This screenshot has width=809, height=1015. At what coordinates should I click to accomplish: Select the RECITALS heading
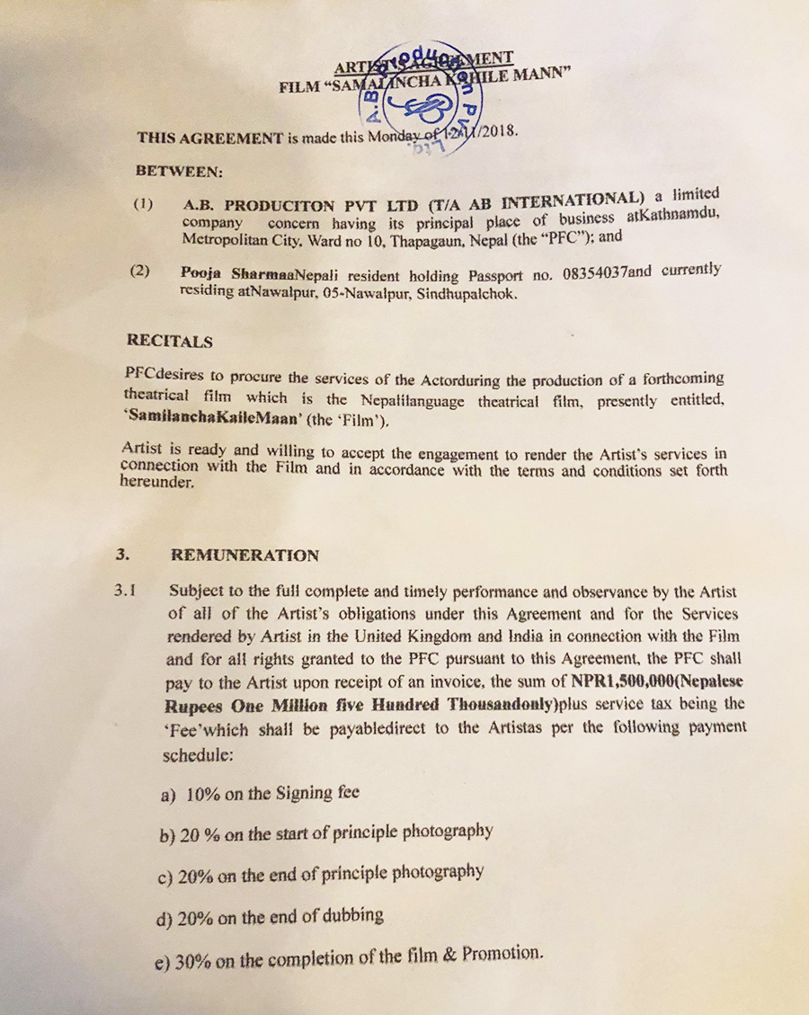pyautogui.click(x=169, y=342)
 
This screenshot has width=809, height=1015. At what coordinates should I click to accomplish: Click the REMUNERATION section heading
pyautogui.click(x=244, y=556)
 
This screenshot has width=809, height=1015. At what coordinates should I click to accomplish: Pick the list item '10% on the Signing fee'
pyautogui.click(x=260, y=793)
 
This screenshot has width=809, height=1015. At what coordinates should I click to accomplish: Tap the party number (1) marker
pyautogui.click(x=144, y=204)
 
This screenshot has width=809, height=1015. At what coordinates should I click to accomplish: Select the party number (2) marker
pyautogui.click(x=140, y=272)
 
